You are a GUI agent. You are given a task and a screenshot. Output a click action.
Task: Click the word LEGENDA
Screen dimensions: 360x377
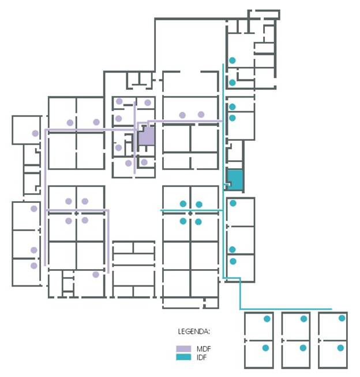coord(194,331)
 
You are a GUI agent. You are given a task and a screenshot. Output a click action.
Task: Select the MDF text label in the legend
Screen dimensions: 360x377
coord(204,349)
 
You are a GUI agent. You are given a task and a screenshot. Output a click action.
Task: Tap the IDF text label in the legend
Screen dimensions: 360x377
coord(202,357)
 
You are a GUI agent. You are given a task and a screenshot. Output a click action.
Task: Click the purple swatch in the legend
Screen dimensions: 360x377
coord(183,349)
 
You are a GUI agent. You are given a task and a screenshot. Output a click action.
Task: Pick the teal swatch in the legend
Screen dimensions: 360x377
coord(183,357)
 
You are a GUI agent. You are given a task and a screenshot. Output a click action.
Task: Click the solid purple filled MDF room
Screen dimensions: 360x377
coord(147,136)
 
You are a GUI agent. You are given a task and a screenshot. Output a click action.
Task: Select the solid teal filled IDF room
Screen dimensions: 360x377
coord(235,180)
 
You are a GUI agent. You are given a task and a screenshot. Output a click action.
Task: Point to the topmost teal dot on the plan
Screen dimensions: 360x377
coord(232,61)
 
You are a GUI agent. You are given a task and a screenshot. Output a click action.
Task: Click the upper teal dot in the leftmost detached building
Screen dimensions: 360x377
coord(267,319)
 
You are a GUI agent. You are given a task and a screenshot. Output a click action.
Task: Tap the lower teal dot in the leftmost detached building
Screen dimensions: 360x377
coord(265,348)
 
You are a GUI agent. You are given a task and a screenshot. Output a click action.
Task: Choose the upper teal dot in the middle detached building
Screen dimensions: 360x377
coord(303,319)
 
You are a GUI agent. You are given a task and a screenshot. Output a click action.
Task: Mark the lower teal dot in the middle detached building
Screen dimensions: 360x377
coord(303,348)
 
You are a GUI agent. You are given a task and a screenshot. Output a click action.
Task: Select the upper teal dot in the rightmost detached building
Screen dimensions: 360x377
coord(342,318)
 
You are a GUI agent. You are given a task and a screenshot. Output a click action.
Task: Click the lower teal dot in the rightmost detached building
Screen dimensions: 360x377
coord(340,348)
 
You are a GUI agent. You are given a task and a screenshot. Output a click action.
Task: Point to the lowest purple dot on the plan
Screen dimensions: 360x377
coord(96,274)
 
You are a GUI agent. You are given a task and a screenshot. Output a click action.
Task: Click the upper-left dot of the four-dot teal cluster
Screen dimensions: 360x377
coord(183,204)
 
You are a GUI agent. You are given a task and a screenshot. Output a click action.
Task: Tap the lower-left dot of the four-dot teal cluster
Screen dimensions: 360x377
coord(183,221)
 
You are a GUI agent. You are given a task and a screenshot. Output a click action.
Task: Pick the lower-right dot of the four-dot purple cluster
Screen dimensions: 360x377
coord(85,220)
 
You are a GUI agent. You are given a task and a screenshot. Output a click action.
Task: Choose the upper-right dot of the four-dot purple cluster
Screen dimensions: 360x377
coord(85,201)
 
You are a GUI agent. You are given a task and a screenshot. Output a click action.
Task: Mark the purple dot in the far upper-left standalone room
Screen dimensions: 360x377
coord(35,133)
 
